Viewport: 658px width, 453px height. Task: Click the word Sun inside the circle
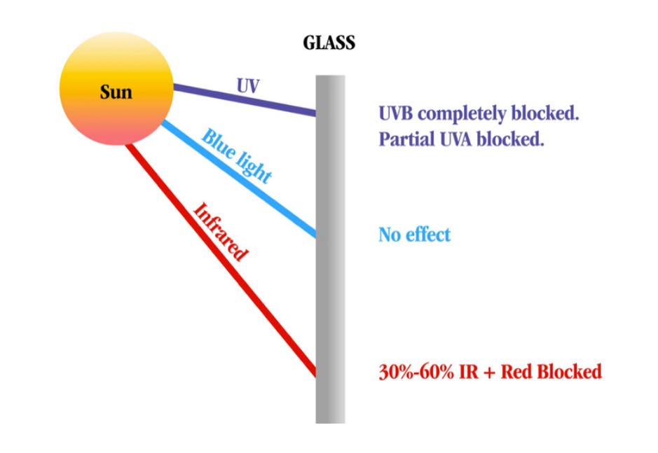(x=116, y=92)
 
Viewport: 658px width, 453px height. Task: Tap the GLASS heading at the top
(x=329, y=43)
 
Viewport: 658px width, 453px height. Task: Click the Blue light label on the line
(x=236, y=156)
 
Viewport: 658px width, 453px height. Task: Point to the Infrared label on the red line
(x=220, y=232)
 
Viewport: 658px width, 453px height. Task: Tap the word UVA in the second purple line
(x=452, y=139)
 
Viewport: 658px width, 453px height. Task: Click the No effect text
(x=414, y=234)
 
